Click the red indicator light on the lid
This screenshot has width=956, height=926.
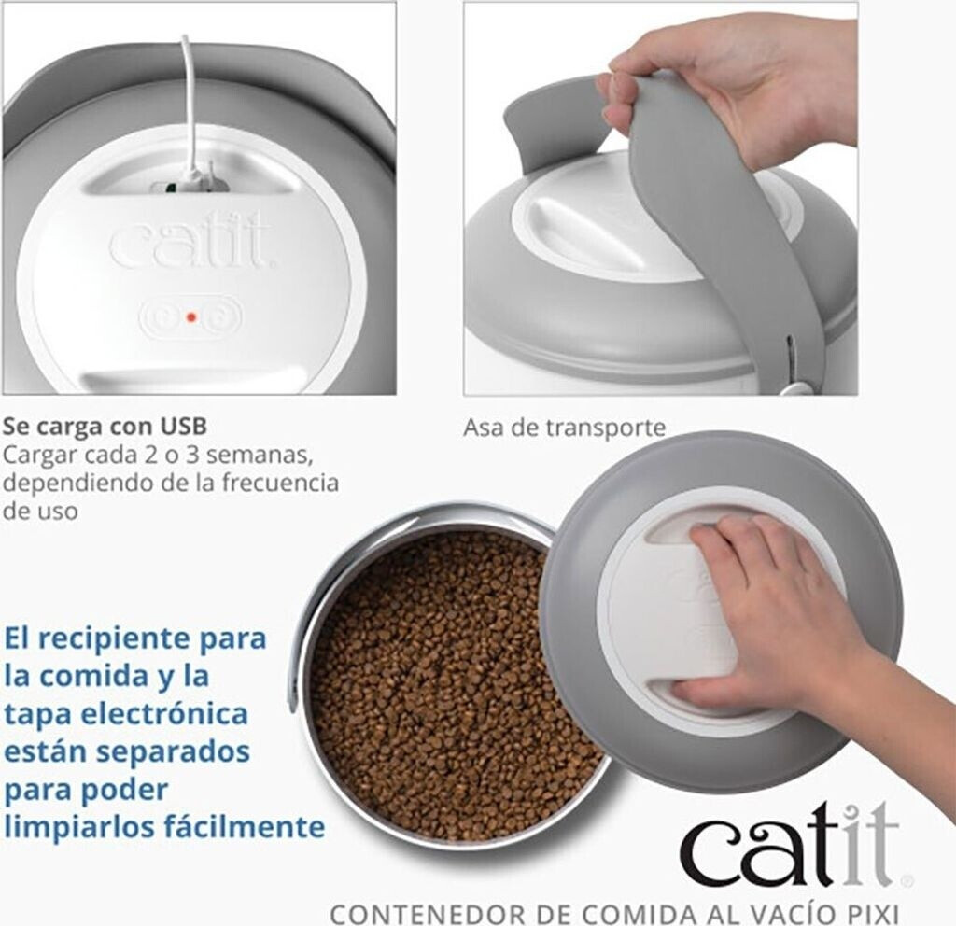(x=190, y=317)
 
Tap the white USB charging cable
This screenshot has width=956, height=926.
(x=190, y=110)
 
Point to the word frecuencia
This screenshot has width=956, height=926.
(x=280, y=483)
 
